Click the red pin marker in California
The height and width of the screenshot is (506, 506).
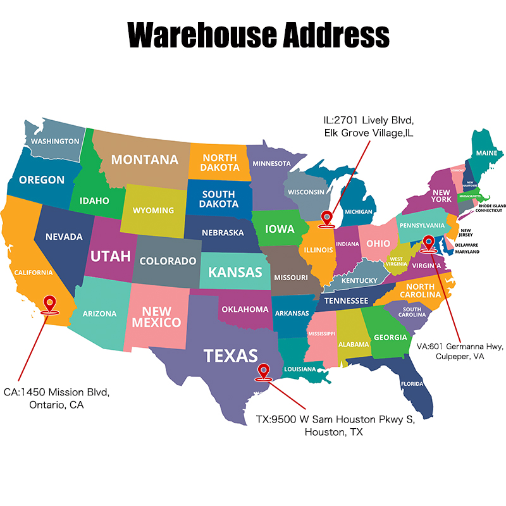pyautogui.click(x=49, y=304)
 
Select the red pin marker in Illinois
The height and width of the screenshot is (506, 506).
pyautogui.click(x=326, y=218)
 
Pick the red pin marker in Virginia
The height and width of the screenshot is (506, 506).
pyautogui.click(x=429, y=243)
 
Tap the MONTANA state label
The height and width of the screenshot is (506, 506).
pyautogui.click(x=145, y=159)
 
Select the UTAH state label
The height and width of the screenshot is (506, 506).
pyautogui.click(x=111, y=256)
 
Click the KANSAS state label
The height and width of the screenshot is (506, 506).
pyautogui.click(x=235, y=273)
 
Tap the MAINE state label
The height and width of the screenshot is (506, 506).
pyautogui.click(x=486, y=153)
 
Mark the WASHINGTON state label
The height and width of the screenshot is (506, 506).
pyautogui.click(x=56, y=141)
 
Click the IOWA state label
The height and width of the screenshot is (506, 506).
pyautogui.click(x=279, y=229)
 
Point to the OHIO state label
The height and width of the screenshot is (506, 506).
pyautogui.click(x=378, y=244)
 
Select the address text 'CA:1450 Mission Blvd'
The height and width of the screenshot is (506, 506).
pyautogui.click(x=56, y=392)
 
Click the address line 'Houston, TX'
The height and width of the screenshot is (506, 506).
pyautogui.click(x=335, y=433)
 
